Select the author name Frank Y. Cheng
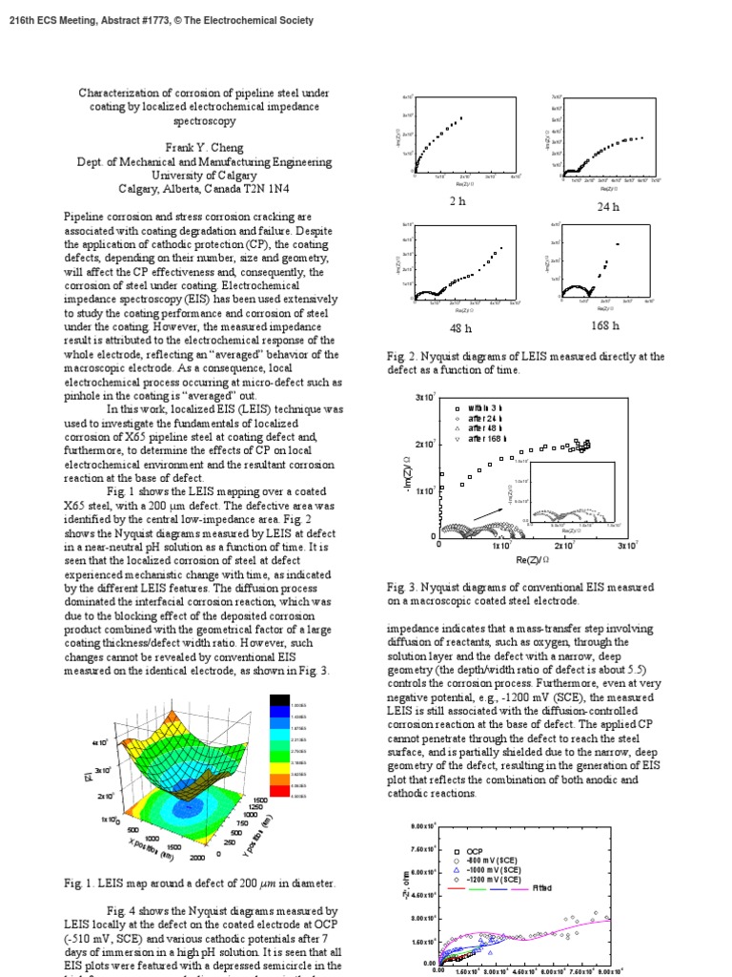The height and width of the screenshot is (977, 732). point(204,148)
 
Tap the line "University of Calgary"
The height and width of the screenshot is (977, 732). point(204,176)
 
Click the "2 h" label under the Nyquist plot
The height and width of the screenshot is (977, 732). point(457,201)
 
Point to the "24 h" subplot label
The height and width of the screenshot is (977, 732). point(607,207)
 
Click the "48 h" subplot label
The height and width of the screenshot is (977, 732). point(462,328)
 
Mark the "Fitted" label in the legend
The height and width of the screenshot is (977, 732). point(542,888)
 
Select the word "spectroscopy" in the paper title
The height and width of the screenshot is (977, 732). point(204,121)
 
